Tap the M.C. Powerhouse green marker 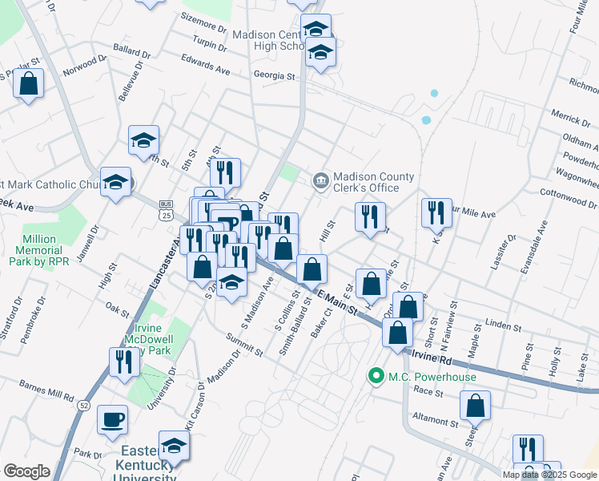(374, 376)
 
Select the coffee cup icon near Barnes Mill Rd (112, 418)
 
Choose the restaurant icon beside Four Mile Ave (436, 212)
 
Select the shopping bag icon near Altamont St (476, 406)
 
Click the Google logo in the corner (26, 471)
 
